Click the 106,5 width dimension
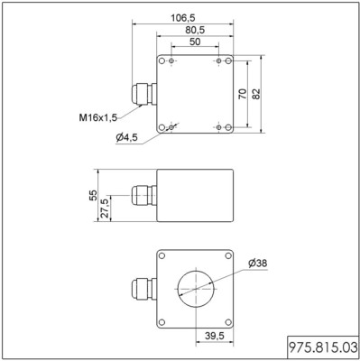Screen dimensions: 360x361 click(x=183, y=18)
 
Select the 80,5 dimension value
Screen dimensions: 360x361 click(x=195, y=30)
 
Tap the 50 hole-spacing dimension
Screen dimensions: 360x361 click(x=195, y=42)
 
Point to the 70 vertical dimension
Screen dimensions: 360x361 click(x=243, y=94)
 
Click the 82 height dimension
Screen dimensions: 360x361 click(x=256, y=94)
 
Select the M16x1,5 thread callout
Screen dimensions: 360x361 click(x=97, y=117)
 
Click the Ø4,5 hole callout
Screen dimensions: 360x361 click(x=126, y=137)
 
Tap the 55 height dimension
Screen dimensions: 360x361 click(x=93, y=195)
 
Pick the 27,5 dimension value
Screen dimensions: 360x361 click(x=105, y=208)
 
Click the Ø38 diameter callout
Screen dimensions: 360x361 click(x=258, y=264)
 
